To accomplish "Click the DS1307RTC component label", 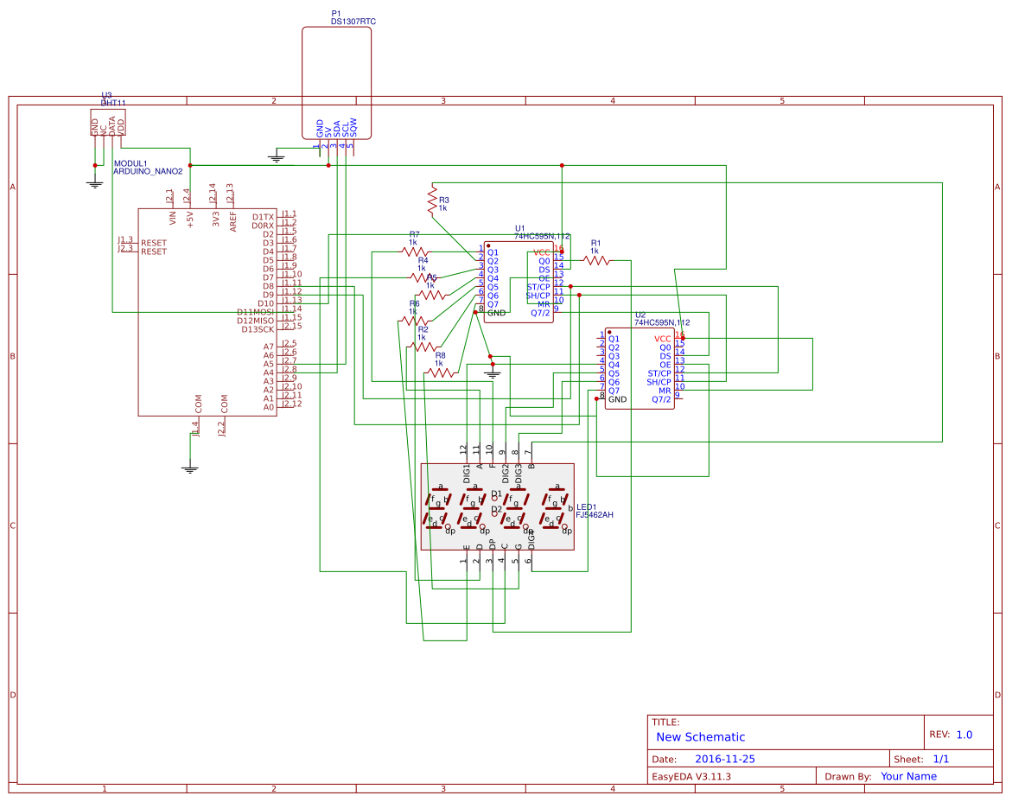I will [353, 21].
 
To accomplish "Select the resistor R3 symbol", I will [433, 200].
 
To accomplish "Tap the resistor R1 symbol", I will [595, 259].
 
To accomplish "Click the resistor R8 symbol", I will [440, 372].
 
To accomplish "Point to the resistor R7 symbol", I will [414, 251].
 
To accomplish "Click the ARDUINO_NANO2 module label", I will [148, 171].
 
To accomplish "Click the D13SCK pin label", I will [258, 329].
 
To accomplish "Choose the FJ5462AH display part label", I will [595, 514].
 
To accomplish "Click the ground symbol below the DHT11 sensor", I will [95, 182].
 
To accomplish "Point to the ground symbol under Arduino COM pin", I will [190, 468].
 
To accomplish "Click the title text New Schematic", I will [700, 737].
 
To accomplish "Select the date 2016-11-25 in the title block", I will [724, 759].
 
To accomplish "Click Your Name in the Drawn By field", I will [908, 776].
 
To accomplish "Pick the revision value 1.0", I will [964, 735].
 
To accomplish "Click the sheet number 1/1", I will [941, 759].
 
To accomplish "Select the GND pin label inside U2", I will [617, 399].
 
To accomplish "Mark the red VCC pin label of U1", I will [543, 251].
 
